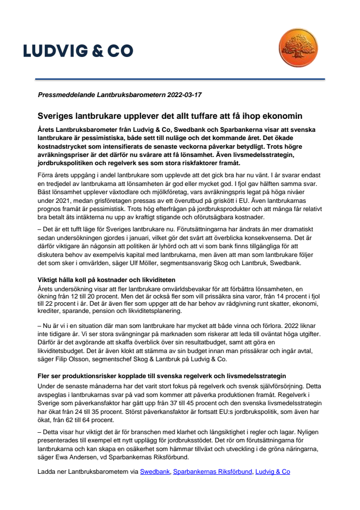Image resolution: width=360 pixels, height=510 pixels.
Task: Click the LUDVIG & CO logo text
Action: click(x=78, y=51)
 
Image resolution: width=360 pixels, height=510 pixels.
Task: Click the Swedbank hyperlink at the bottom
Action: click(x=154, y=471)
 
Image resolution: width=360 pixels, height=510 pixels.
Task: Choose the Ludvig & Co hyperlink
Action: click(x=273, y=471)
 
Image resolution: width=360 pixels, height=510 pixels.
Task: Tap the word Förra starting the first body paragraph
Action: click(x=47, y=176)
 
